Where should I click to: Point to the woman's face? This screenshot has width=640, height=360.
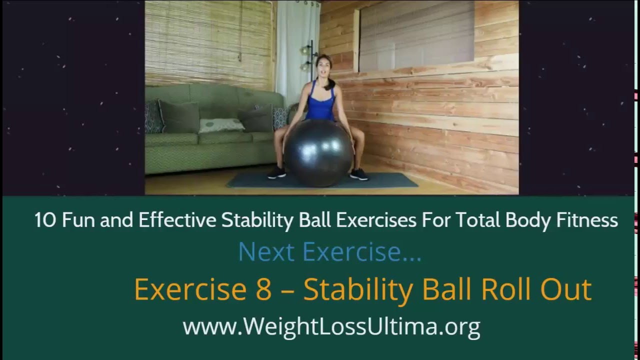pyautogui.click(x=322, y=68)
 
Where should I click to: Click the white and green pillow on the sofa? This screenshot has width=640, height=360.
pyautogui.click(x=221, y=125)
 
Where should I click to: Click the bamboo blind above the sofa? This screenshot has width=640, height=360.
pyautogui.click(x=210, y=42)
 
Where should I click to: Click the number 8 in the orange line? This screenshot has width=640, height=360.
pyautogui.click(x=263, y=289)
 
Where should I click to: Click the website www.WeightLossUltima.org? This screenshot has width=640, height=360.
pyautogui.click(x=331, y=326)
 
